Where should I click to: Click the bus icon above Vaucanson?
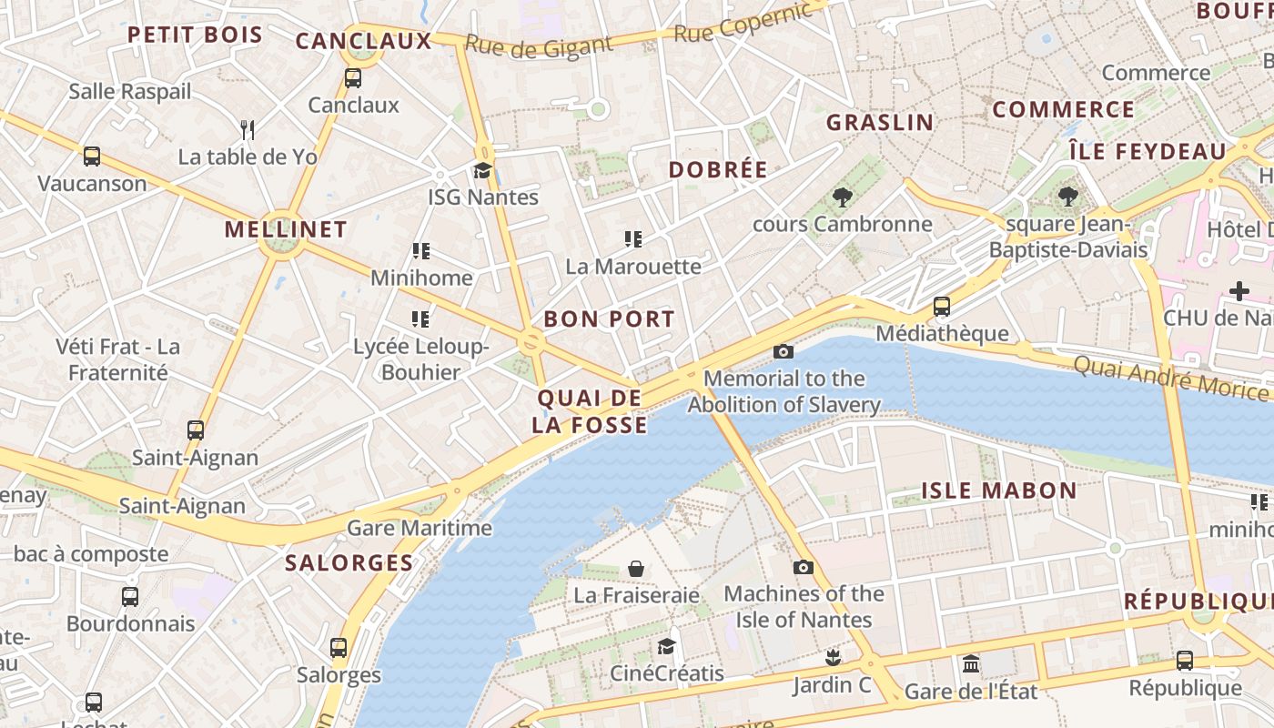coord(92,156)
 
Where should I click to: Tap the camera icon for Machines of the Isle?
coord(803,567)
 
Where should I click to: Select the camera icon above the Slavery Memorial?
coord(783,351)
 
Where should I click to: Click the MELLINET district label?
coord(286,229)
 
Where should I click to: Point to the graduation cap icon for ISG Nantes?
coord(482,170)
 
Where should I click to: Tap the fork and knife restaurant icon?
coord(247,129)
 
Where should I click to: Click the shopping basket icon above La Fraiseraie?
coord(636,569)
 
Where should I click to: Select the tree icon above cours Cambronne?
coord(842,197)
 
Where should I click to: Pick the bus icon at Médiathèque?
coord(942,307)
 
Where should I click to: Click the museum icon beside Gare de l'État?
coord(971,663)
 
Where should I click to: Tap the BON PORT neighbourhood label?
coord(609,318)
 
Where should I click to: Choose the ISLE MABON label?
coord(999,490)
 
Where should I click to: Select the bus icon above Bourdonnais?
coord(130,597)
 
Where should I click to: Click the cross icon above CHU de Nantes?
coord(1239,291)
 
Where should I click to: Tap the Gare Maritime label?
coord(420,528)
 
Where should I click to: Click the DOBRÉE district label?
coord(718,169)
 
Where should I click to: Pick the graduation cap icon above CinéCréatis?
coord(667,646)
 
